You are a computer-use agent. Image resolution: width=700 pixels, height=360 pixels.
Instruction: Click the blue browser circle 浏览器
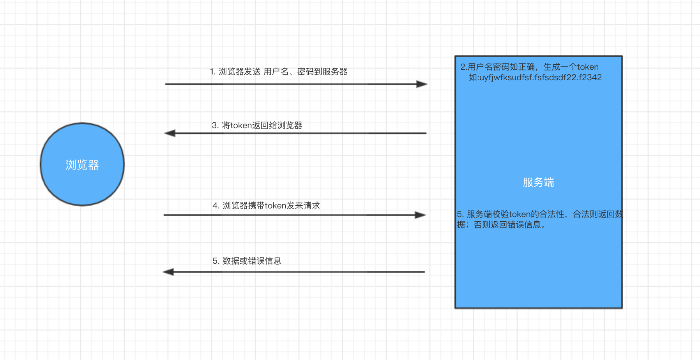[82, 164]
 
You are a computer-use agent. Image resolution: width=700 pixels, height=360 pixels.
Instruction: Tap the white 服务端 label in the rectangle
[538, 182]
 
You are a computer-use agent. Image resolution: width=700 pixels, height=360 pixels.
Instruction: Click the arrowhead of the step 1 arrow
[422, 84]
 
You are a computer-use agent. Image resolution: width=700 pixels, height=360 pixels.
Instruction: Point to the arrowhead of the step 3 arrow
[170, 133]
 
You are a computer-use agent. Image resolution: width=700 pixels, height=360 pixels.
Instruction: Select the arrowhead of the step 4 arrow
[421, 215]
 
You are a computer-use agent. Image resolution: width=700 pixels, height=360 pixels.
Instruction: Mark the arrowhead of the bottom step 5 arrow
[168, 272]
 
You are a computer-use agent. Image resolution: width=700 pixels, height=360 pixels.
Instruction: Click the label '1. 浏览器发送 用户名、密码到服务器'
[279, 72]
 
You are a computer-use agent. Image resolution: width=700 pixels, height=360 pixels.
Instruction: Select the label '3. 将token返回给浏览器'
[257, 125]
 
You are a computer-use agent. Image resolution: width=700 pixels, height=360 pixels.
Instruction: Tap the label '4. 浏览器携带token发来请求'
[266, 206]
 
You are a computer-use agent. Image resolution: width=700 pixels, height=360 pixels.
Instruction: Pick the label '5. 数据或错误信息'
[247, 261]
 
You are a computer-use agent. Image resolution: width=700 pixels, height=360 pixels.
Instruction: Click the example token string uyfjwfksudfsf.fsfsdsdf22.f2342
[540, 78]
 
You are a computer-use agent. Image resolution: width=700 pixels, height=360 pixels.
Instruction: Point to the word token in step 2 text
[588, 67]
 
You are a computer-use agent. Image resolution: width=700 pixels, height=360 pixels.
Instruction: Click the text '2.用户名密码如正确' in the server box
[497, 67]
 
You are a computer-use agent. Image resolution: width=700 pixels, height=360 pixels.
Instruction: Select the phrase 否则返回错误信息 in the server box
[507, 225]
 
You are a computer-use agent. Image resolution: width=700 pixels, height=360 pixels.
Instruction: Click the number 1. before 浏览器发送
[213, 72]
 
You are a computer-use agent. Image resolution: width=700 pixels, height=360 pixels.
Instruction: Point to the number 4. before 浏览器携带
[216, 206]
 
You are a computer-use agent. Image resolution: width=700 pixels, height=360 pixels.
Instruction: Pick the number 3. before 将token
[215, 125]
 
